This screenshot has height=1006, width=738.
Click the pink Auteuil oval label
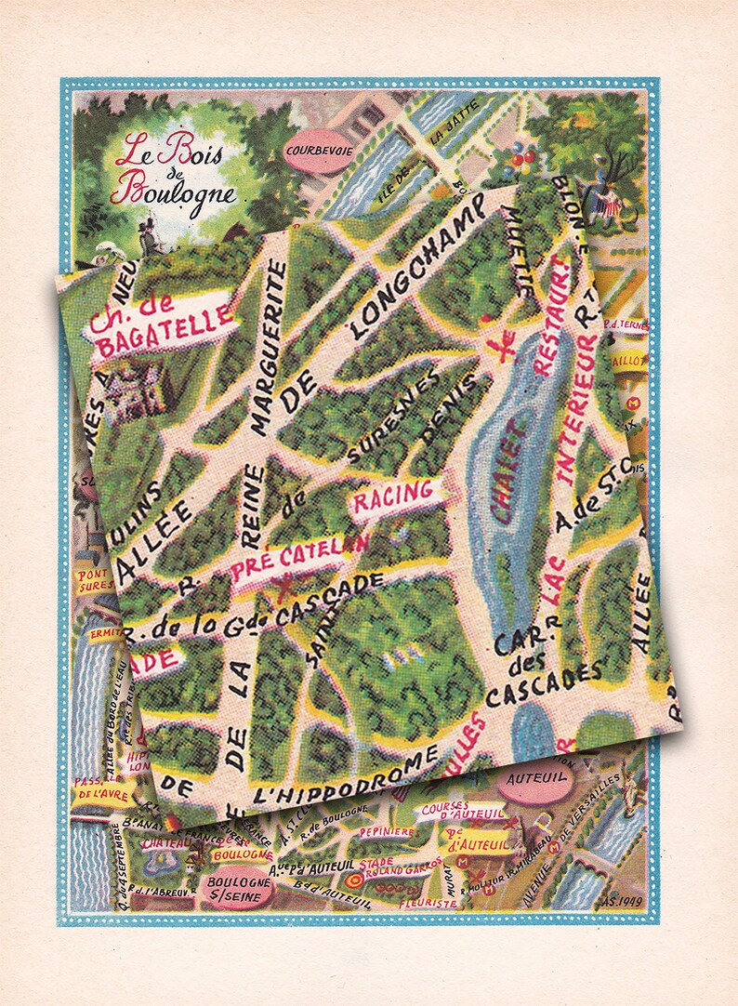coord(530,786)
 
